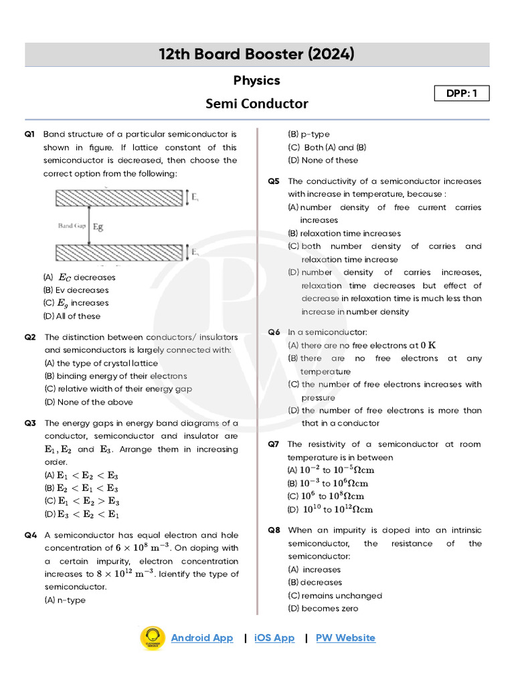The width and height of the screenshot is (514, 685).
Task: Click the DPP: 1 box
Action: [x=462, y=94]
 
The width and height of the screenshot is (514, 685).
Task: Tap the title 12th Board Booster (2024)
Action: [x=257, y=55]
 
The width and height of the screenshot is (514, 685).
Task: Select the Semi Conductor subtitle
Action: [x=257, y=104]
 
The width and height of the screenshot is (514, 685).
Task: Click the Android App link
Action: [x=202, y=638]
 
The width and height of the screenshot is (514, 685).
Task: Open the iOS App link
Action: [x=274, y=638]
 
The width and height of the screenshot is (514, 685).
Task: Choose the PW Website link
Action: [x=345, y=638]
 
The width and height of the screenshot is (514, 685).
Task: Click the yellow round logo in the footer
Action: [x=152, y=638]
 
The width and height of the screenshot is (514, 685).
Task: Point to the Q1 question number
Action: [x=29, y=134]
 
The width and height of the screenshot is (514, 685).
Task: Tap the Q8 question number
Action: [x=274, y=530]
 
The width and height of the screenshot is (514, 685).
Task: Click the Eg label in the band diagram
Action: [x=98, y=227]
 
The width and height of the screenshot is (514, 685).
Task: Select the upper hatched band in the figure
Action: [x=118, y=197]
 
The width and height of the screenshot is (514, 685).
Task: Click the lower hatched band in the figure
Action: [x=118, y=252]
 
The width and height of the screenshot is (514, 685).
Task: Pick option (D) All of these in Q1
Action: [x=72, y=316]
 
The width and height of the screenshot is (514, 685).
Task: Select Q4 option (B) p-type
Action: [x=309, y=134]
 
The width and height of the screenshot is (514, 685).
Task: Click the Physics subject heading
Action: [x=257, y=80]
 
